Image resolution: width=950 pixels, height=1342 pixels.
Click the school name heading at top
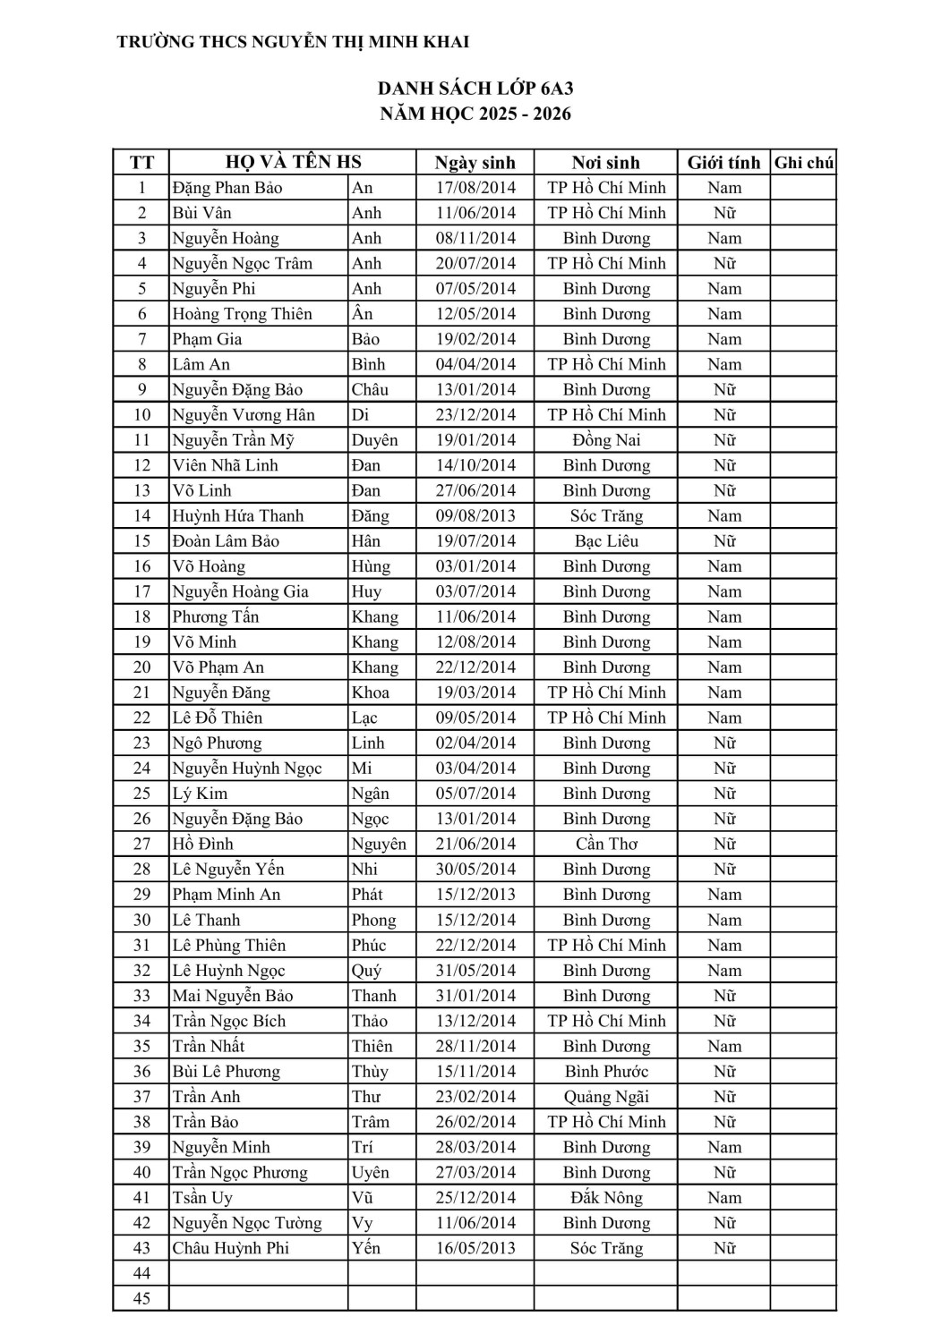point(293,42)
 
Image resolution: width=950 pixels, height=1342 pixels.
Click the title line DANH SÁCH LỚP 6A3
point(475,88)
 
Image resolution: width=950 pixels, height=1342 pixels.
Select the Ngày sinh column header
point(475,163)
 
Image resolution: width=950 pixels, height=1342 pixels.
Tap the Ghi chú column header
point(803,163)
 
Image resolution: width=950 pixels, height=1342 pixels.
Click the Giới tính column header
point(723,163)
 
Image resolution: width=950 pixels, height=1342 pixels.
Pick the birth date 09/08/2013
point(475,516)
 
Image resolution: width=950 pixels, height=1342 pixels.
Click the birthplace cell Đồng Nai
point(606,440)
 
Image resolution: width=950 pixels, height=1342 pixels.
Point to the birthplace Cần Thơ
point(606,844)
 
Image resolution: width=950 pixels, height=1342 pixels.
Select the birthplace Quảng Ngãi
point(606,1097)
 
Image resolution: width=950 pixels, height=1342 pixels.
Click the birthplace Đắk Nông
point(606,1198)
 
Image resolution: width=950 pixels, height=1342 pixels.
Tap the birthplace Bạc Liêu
point(606,541)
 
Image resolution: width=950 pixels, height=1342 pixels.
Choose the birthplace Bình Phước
point(606,1072)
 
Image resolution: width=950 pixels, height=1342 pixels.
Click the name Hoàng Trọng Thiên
point(242,314)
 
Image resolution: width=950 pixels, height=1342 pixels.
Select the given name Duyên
point(374,440)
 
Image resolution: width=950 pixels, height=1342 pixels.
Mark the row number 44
point(141,1273)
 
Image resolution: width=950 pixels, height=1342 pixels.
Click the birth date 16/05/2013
point(475,1248)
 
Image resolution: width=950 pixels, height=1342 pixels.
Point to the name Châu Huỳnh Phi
point(230,1248)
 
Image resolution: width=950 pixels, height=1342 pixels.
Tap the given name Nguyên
point(378,844)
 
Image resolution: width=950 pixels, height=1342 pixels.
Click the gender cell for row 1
point(723,188)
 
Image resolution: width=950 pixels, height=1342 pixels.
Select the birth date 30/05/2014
point(475,870)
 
